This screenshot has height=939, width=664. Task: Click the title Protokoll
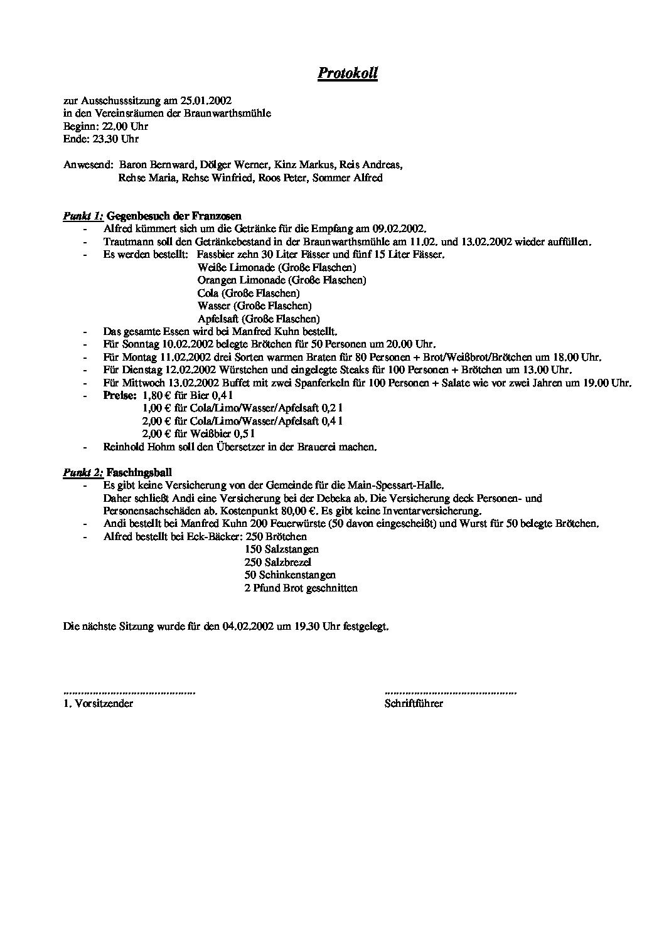347,73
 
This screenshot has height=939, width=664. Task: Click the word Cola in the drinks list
208,293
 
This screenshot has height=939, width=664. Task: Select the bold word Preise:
120,396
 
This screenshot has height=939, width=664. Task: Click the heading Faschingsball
139,472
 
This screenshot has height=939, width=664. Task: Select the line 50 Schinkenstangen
290,575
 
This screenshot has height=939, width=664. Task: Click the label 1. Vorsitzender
99,704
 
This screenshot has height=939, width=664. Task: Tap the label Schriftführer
414,704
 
